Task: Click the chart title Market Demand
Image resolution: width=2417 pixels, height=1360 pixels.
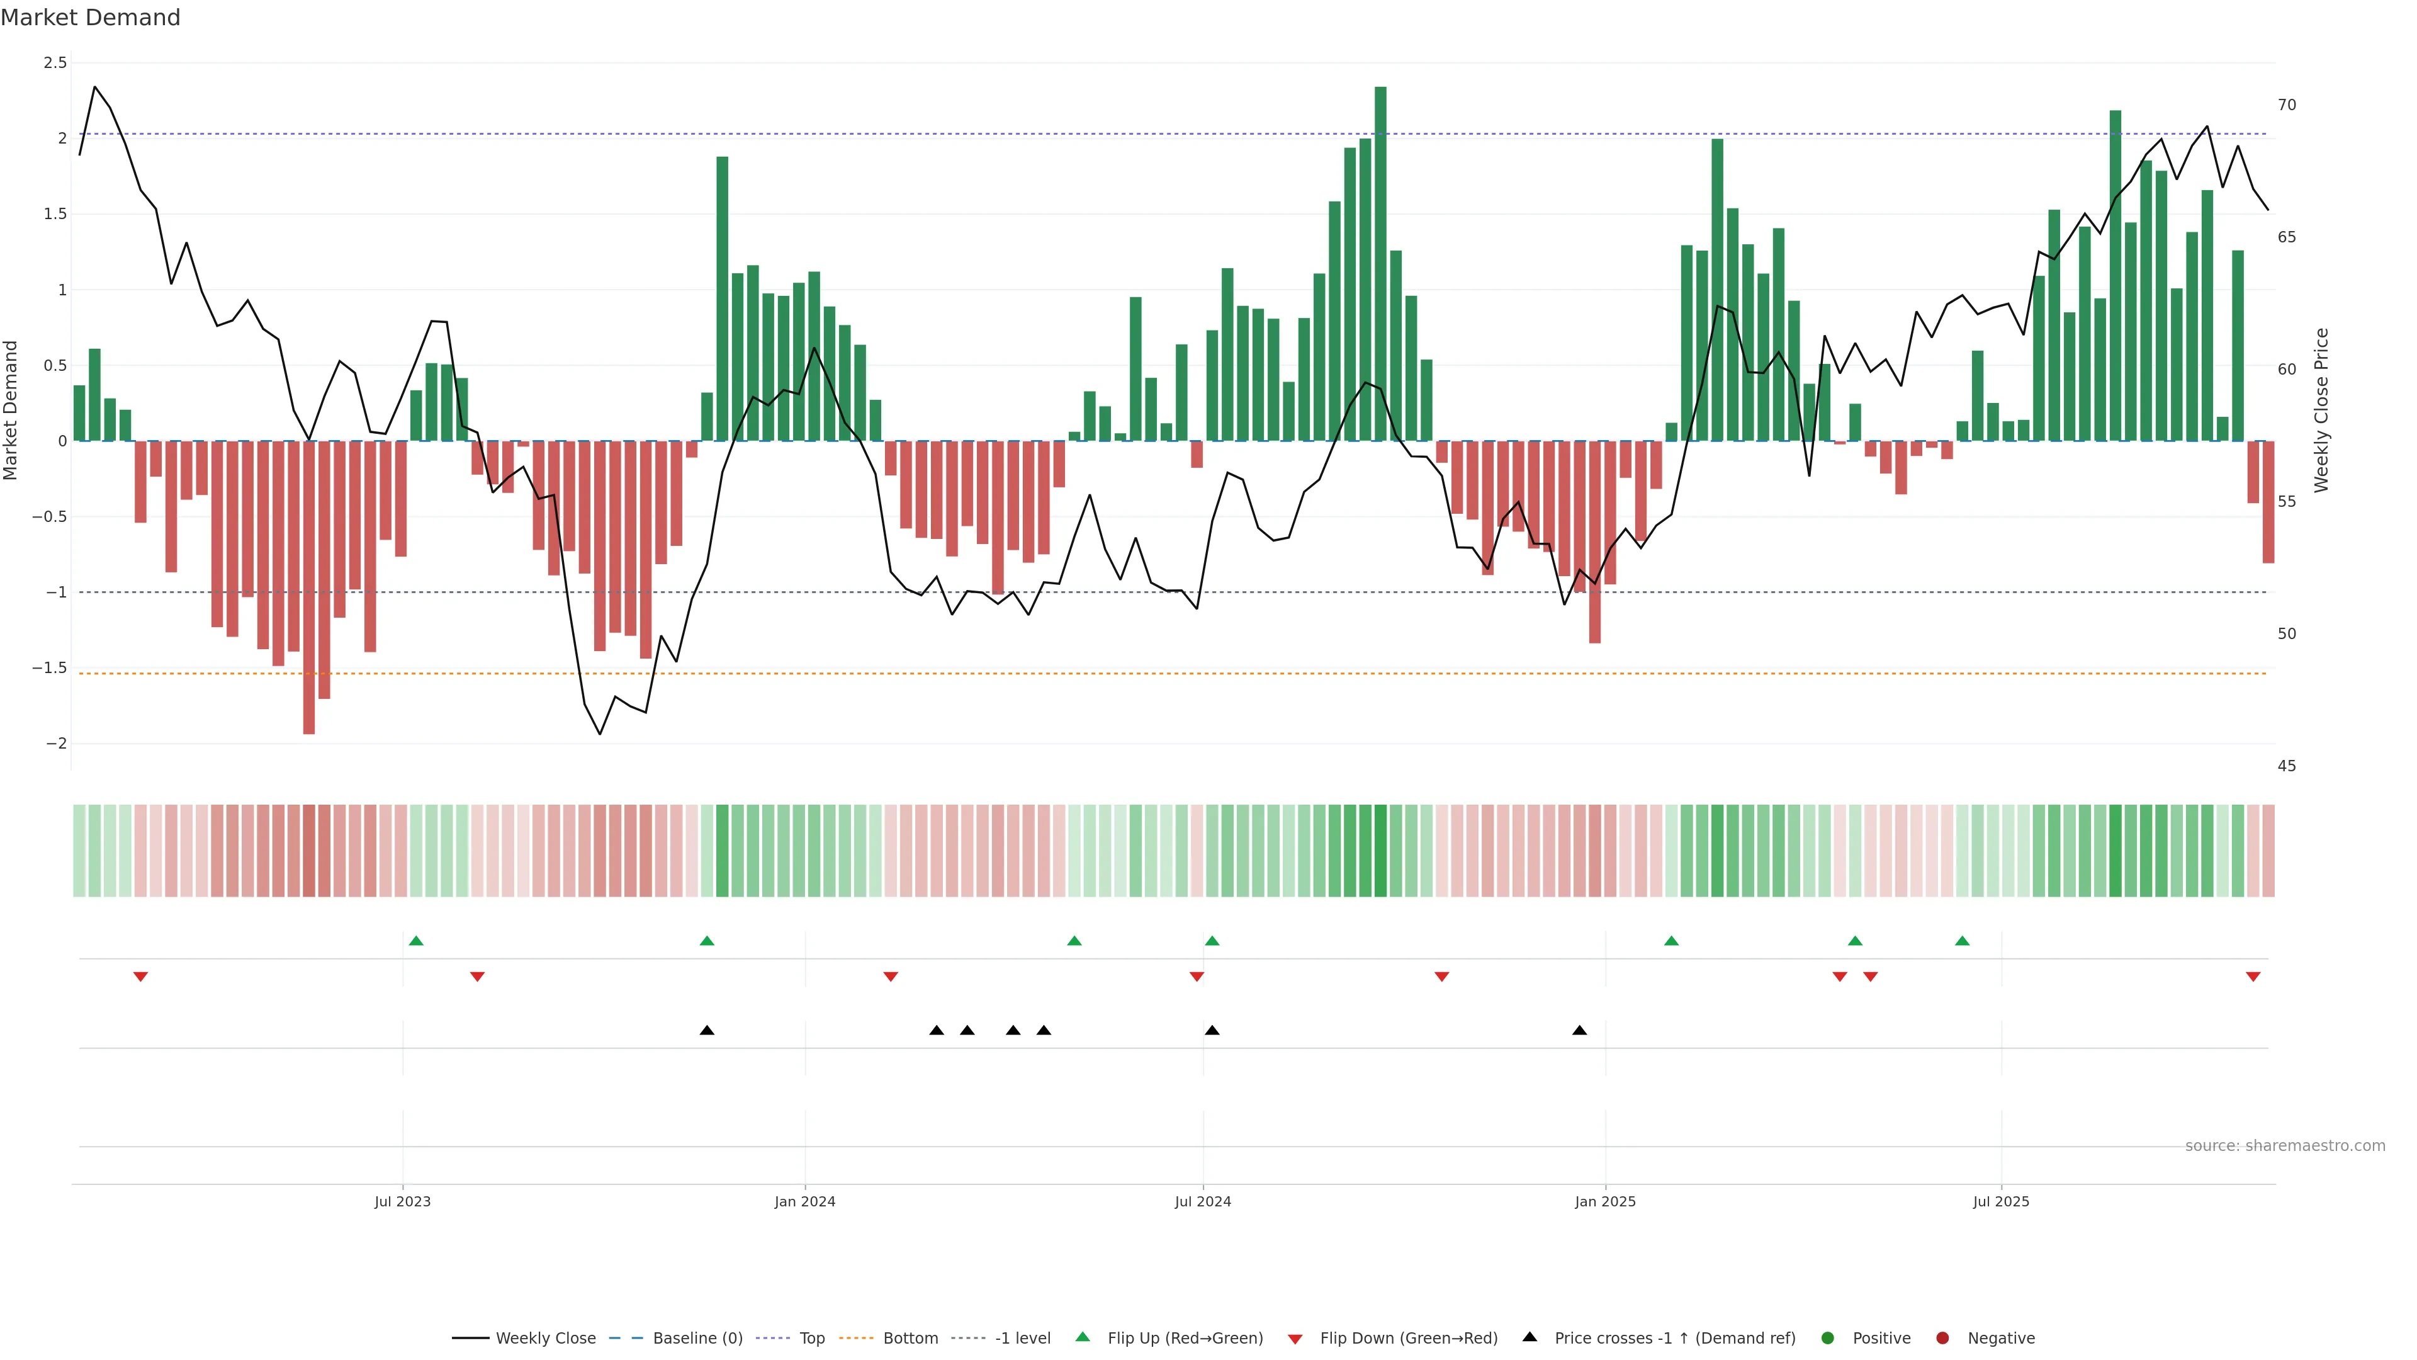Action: (90, 18)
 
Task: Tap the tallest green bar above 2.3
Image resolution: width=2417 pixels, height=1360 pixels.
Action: (1380, 263)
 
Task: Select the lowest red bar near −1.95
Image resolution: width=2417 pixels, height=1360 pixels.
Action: (308, 587)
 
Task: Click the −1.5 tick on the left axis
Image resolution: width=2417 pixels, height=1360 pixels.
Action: (50, 668)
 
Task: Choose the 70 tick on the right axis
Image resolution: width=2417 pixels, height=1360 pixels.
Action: (2287, 105)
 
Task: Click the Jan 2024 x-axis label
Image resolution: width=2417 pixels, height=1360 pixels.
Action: (804, 1201)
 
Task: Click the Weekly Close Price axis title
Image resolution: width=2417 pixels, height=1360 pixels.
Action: (2321, 410)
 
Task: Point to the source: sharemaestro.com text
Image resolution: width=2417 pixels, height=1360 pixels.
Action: (2285, 1146)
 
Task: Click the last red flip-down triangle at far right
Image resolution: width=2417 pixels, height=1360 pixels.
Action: (2253, 977)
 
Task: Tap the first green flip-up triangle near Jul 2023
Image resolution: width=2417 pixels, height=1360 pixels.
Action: (417, 941)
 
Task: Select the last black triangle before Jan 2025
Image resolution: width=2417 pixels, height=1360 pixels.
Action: (1579, 1031)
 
